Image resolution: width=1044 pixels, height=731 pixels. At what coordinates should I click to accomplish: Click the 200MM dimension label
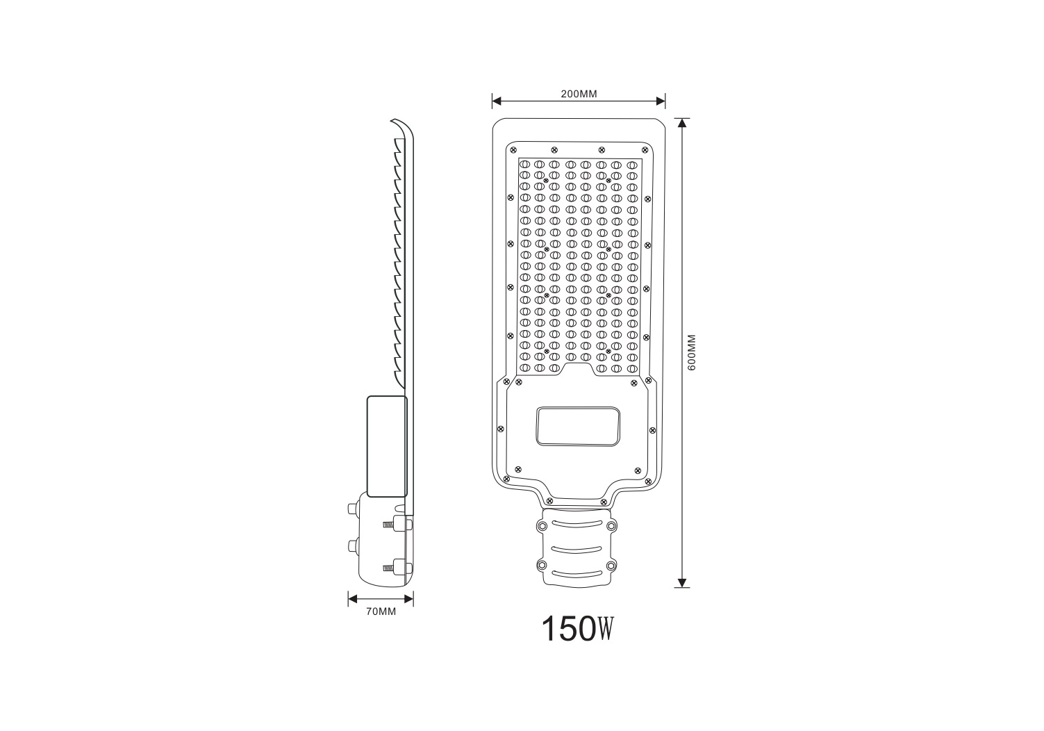click(x=579, y=94)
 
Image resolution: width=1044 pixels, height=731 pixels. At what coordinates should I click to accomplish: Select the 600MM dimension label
click(x=692, y=352)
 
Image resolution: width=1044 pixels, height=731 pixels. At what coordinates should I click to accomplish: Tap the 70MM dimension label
click(x=381, y=611)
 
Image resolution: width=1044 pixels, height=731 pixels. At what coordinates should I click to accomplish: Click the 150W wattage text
click(x=578, y=629)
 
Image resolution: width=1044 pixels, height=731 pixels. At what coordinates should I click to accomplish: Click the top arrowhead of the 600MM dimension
click(x=682, y=123)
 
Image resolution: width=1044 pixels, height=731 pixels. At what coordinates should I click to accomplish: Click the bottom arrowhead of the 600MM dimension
click(x=682, y=583)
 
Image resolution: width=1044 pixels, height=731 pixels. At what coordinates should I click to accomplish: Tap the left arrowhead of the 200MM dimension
click(x=497, y=101)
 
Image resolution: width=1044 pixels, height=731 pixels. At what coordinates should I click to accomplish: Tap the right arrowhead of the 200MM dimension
click(x=661, y=101)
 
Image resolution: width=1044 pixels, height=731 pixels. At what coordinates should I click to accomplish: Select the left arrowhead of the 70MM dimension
click(x=353, y=599)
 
